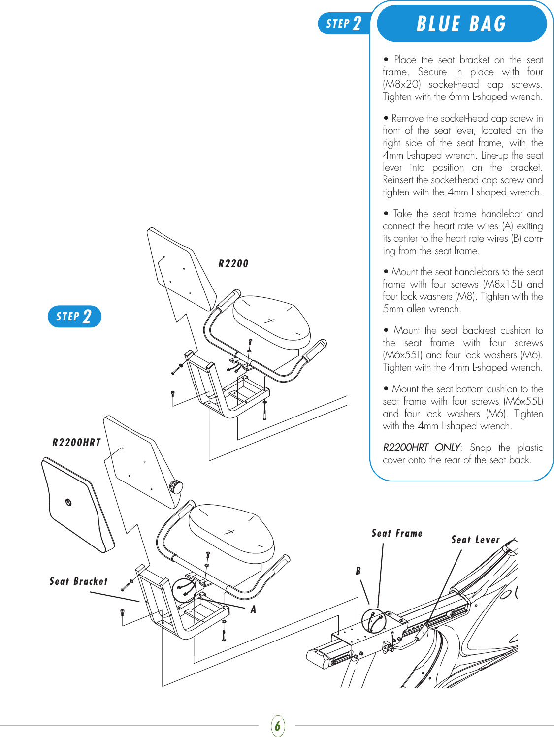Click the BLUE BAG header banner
pos(461,24)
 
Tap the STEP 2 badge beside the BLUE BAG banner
pos(344,23)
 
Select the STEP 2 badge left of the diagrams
pos(74,316)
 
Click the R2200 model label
pos(233,264)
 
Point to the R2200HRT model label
pos(76,442)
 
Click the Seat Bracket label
pos(78,581)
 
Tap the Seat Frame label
pos(397,533)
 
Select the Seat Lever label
pos(475,540)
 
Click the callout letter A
pos(253,609)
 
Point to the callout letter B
pos(358,571)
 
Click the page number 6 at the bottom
pos(278,726)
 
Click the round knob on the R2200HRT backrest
pos(176,486)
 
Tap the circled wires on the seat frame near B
pos(373,620)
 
